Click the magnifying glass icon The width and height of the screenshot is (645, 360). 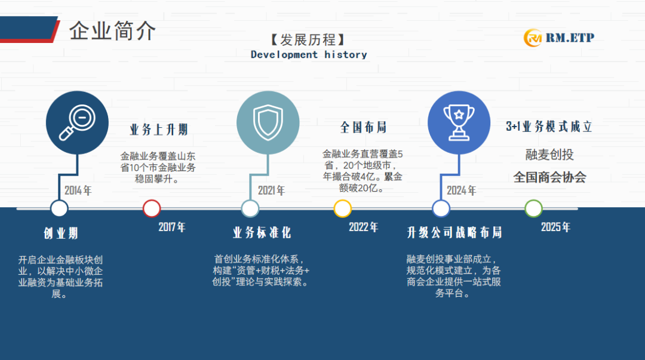click(x=77, y=122)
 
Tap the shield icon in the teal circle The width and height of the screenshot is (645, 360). click(x=268, y=122)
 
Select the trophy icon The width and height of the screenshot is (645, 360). click(x=459, y=122)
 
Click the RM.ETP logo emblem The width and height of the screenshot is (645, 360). click(x=533, y=38)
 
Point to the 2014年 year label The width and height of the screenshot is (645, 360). click(x=78, y=190)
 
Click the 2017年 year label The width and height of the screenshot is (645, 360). click(x=172, y=227)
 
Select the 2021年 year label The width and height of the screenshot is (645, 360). click(x=271, y=190)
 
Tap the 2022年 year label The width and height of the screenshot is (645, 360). click(x=363, y=227)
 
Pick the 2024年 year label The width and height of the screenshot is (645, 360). click(x=461, y=190)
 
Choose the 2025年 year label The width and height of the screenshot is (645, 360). click(x=555, y=227)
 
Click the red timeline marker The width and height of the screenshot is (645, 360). click(x=151, y=208)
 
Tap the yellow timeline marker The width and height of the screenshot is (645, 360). click(x=342, y=208)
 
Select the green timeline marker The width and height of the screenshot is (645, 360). click(x=533, y=208)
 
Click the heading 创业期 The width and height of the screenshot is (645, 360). click(x=61, y=233)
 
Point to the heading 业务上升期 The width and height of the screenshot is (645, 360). click(x=159, y=130)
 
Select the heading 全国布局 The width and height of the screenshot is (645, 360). click(x=363, y=127)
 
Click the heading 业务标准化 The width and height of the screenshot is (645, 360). click(x=262, y=232)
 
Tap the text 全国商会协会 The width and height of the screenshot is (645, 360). click(x=549, y=177)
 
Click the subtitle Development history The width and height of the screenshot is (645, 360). click(x=309, y=55)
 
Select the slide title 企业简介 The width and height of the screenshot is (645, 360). click(x=112, y=31)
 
